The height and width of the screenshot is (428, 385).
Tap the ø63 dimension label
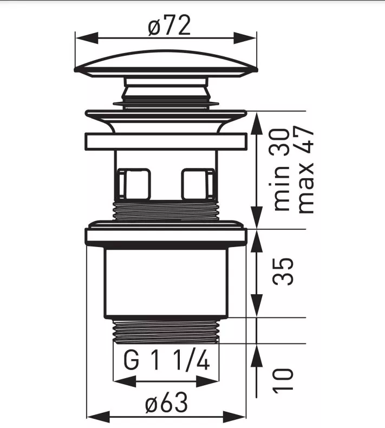click(x=166, y=402)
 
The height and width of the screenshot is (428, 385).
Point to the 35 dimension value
click(x=284, y=271)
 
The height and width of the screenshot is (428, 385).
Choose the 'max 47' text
click(x=305, y=170)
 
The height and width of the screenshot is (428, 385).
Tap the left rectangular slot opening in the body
click(x=133, y=184)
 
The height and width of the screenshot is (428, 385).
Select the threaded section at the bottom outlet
click(x=166, y=329)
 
